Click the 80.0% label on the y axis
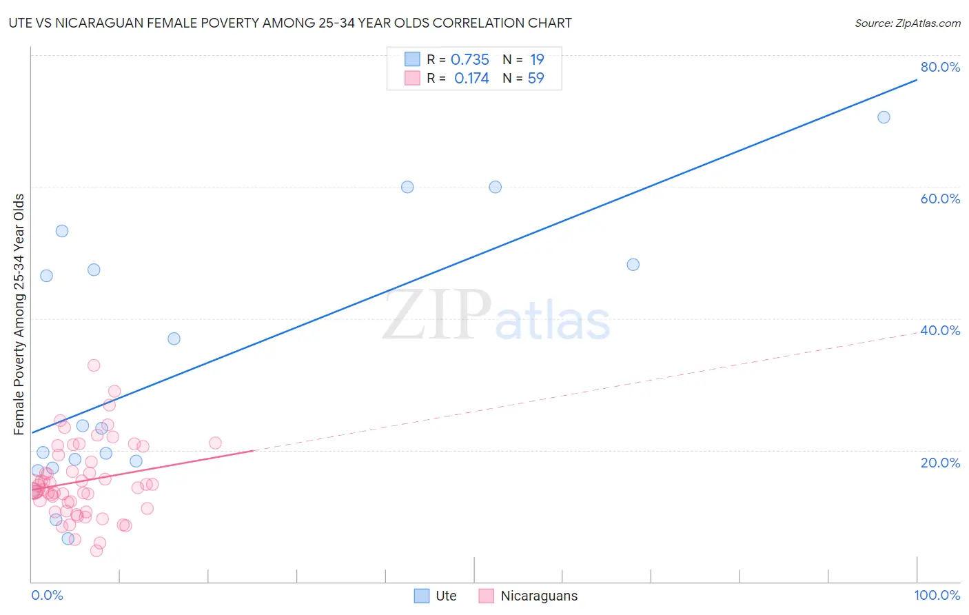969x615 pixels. pyautogui.click(x=939, y=67)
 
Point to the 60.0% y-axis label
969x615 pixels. pyautogui.click(x=939, y=199)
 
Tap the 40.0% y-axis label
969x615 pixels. pyautogui.click(x=939, y=330)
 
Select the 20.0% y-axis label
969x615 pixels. pyautogui.click(x=939, y=462)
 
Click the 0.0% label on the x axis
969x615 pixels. pyautogui.click(x=47, y=595)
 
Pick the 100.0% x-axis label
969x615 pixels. pyautogui.click(x=937, y=595)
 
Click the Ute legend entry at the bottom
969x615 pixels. pyautogui.click(x=445, y=596)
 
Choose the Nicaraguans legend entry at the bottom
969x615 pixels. pyautogui.click(x=538, y=596)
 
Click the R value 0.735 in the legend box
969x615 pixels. pyautogui.click(x=469, y=60)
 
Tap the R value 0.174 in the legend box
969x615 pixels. pyautogui.click(x=471, y=79)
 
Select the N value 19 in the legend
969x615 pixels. pyautogui.click(x=537, y=60)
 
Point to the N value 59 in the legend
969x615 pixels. pyautogui.click(x=535, y=79)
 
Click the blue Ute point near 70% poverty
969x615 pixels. pyautogui.click(x=884, y=117)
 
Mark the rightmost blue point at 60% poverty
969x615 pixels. pyautogui.click(x=495, y=187)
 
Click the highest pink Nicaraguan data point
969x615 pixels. pyautogui.click(x=94, y=365)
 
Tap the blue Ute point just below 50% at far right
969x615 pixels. pyautogui.click(x=633, y=265)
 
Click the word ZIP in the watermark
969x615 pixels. pyautogui.click(x=437, y=316)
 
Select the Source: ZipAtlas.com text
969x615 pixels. pyautogui.click(x=907, y=23)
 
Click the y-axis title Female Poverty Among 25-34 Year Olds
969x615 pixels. pyautogui.click(x=19, y=314)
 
